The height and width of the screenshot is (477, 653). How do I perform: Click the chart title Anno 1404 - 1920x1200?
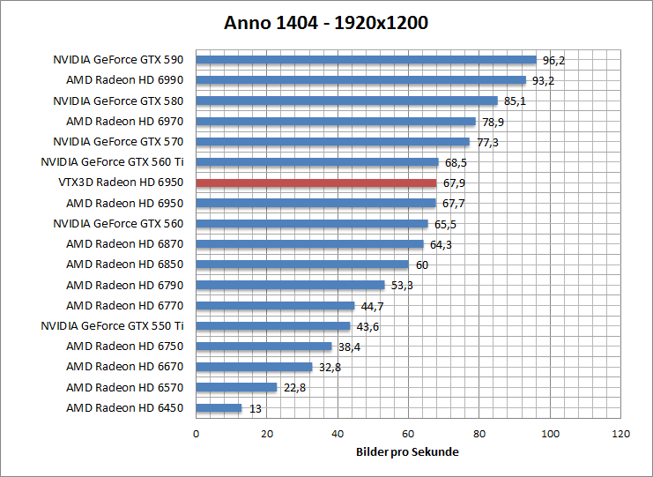[x=326, y=23]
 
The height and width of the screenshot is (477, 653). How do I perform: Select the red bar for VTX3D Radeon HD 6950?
[x=315, y=183]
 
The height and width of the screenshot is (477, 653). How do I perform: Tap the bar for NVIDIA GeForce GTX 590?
[x=366, y=60]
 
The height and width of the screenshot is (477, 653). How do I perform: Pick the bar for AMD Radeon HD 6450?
[x=219, y=407]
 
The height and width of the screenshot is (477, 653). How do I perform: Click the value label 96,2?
[x=553, y=61]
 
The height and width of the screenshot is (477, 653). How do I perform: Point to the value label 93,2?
[x=543, y=81]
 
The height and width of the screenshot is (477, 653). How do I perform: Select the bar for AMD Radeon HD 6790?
[x=290, y=285]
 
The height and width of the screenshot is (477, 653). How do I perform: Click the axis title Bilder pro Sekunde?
[x=408, y=451]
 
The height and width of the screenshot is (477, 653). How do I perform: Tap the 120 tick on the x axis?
[x=621, y=434]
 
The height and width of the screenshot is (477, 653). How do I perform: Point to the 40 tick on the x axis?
[x=338, y=434]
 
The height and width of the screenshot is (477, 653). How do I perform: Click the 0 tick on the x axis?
[x=196, y=434]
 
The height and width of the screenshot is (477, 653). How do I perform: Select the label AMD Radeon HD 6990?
[x=126, y=81]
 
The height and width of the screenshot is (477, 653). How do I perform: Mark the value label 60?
[x=422, y=265]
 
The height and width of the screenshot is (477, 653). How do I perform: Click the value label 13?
[x=255, y=408]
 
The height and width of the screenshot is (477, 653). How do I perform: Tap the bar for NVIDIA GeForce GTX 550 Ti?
[x=273, y=325]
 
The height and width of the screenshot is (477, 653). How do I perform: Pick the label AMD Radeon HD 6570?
[x=126, y=387]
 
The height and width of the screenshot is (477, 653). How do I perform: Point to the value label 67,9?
[x=453, y=183]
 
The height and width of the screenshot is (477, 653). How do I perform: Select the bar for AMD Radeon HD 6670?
[x=254, y=367]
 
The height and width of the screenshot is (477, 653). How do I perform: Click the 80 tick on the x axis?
[x=479, y=434]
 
